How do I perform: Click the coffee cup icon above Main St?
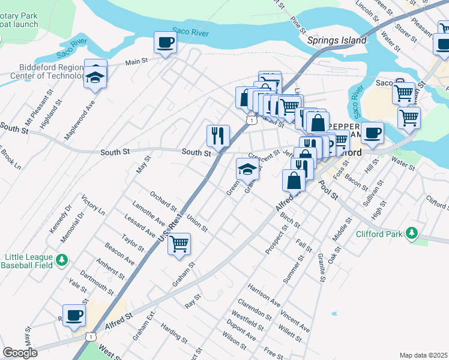coord(165,43)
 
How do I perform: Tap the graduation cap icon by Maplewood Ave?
coord(95,76)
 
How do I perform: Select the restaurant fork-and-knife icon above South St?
coord(217,135)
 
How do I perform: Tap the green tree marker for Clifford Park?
coord(411,233)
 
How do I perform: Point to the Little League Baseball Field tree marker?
coord(61,260)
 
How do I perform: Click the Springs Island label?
coord(336,41)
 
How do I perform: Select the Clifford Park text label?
coord(379,234)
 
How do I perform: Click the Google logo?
coord(20,352)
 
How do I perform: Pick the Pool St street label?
coord(328,191)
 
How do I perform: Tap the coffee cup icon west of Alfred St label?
coord(74,315)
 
